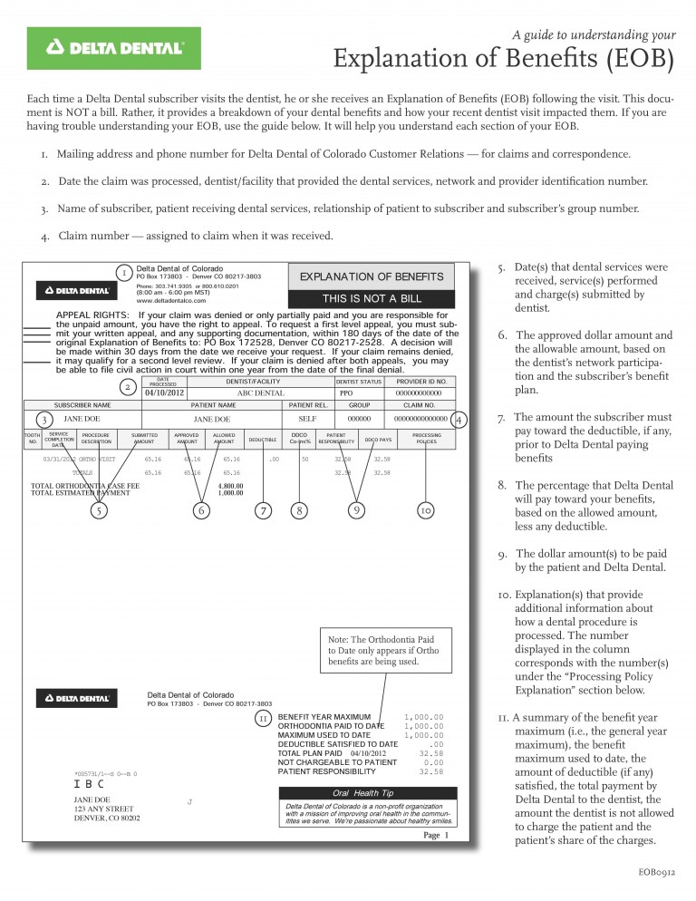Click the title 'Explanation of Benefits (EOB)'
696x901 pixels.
(x=504, y=60)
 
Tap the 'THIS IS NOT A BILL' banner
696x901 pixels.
(x=372, y=298)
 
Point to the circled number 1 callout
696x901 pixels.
(x=124, y=272)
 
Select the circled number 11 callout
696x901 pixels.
(x=264, y=718)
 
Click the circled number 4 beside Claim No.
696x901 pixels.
(x=459, y=420)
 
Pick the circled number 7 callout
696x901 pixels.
(x=263, y=510)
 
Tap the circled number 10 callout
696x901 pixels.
(x=426, y=510)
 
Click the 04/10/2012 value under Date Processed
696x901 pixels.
(x=164, y=393)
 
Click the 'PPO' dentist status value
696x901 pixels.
(x=346, y=393)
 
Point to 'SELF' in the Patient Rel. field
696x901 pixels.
(x=307, y=420)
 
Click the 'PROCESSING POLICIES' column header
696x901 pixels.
(x=426, y=440)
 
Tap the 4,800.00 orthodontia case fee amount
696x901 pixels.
(x=230, y=486)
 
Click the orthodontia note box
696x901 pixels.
(x=389, y=650)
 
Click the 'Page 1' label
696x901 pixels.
(x=436, y=835)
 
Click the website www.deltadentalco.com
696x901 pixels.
(x=171, y=300)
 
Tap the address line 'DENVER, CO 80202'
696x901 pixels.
(x=106, y=819)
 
